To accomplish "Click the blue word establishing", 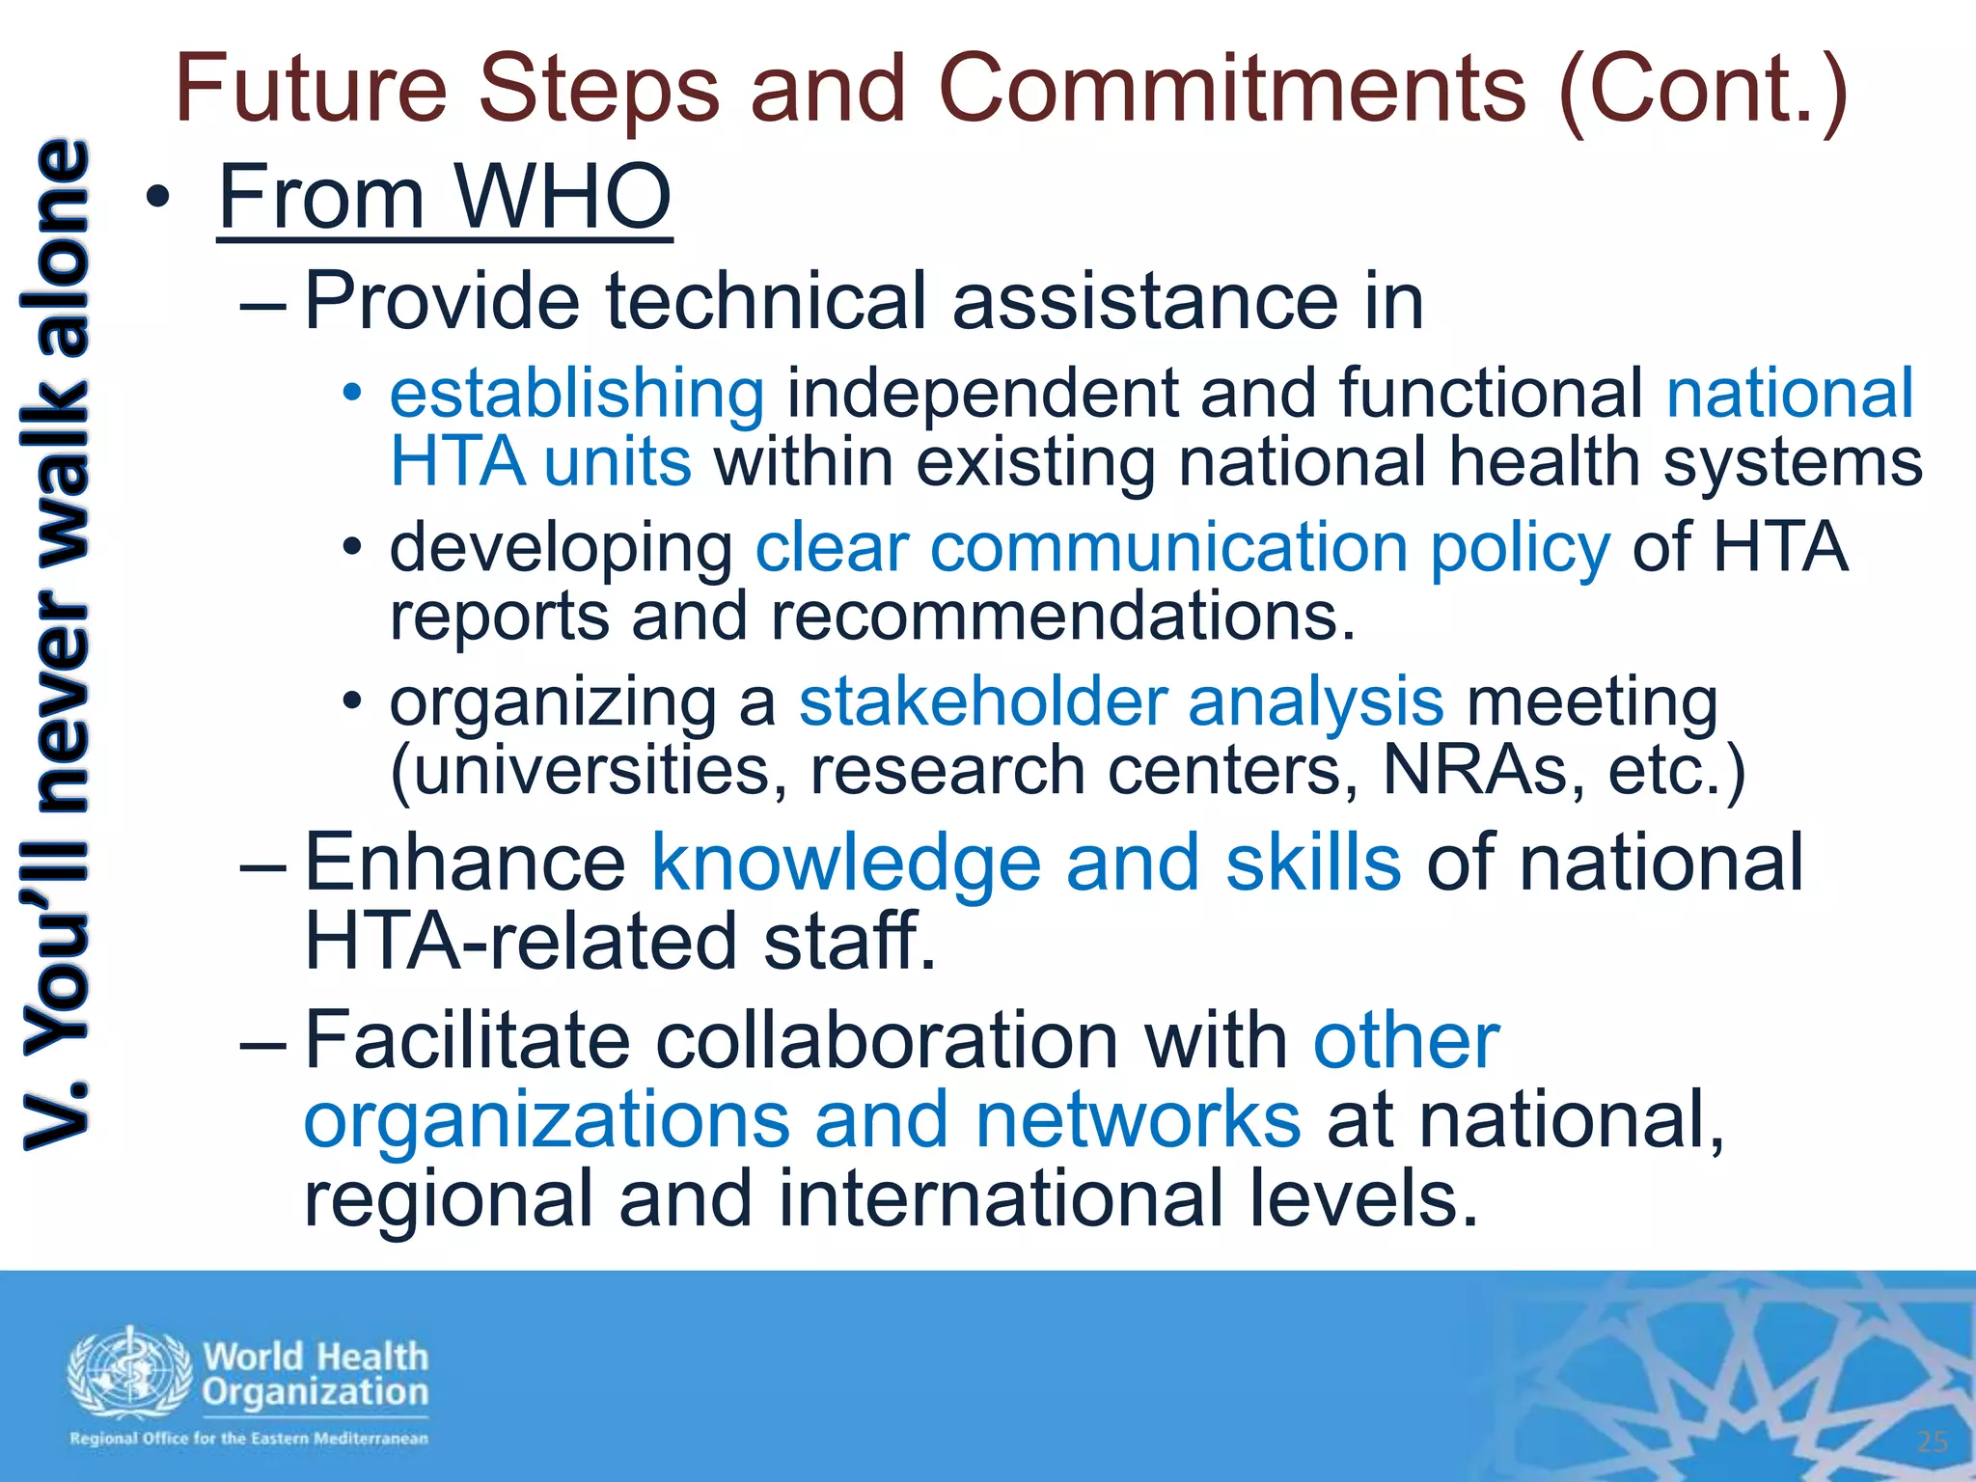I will (x=577, y=395).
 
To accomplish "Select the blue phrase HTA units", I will (x=540, y=462).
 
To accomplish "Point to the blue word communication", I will (x=1168, y=548).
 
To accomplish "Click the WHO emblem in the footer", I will (x=129, y=1373).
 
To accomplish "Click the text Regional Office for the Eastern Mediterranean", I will (x=248, y=1439).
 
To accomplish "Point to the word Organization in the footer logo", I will (x=316, y=1392).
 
